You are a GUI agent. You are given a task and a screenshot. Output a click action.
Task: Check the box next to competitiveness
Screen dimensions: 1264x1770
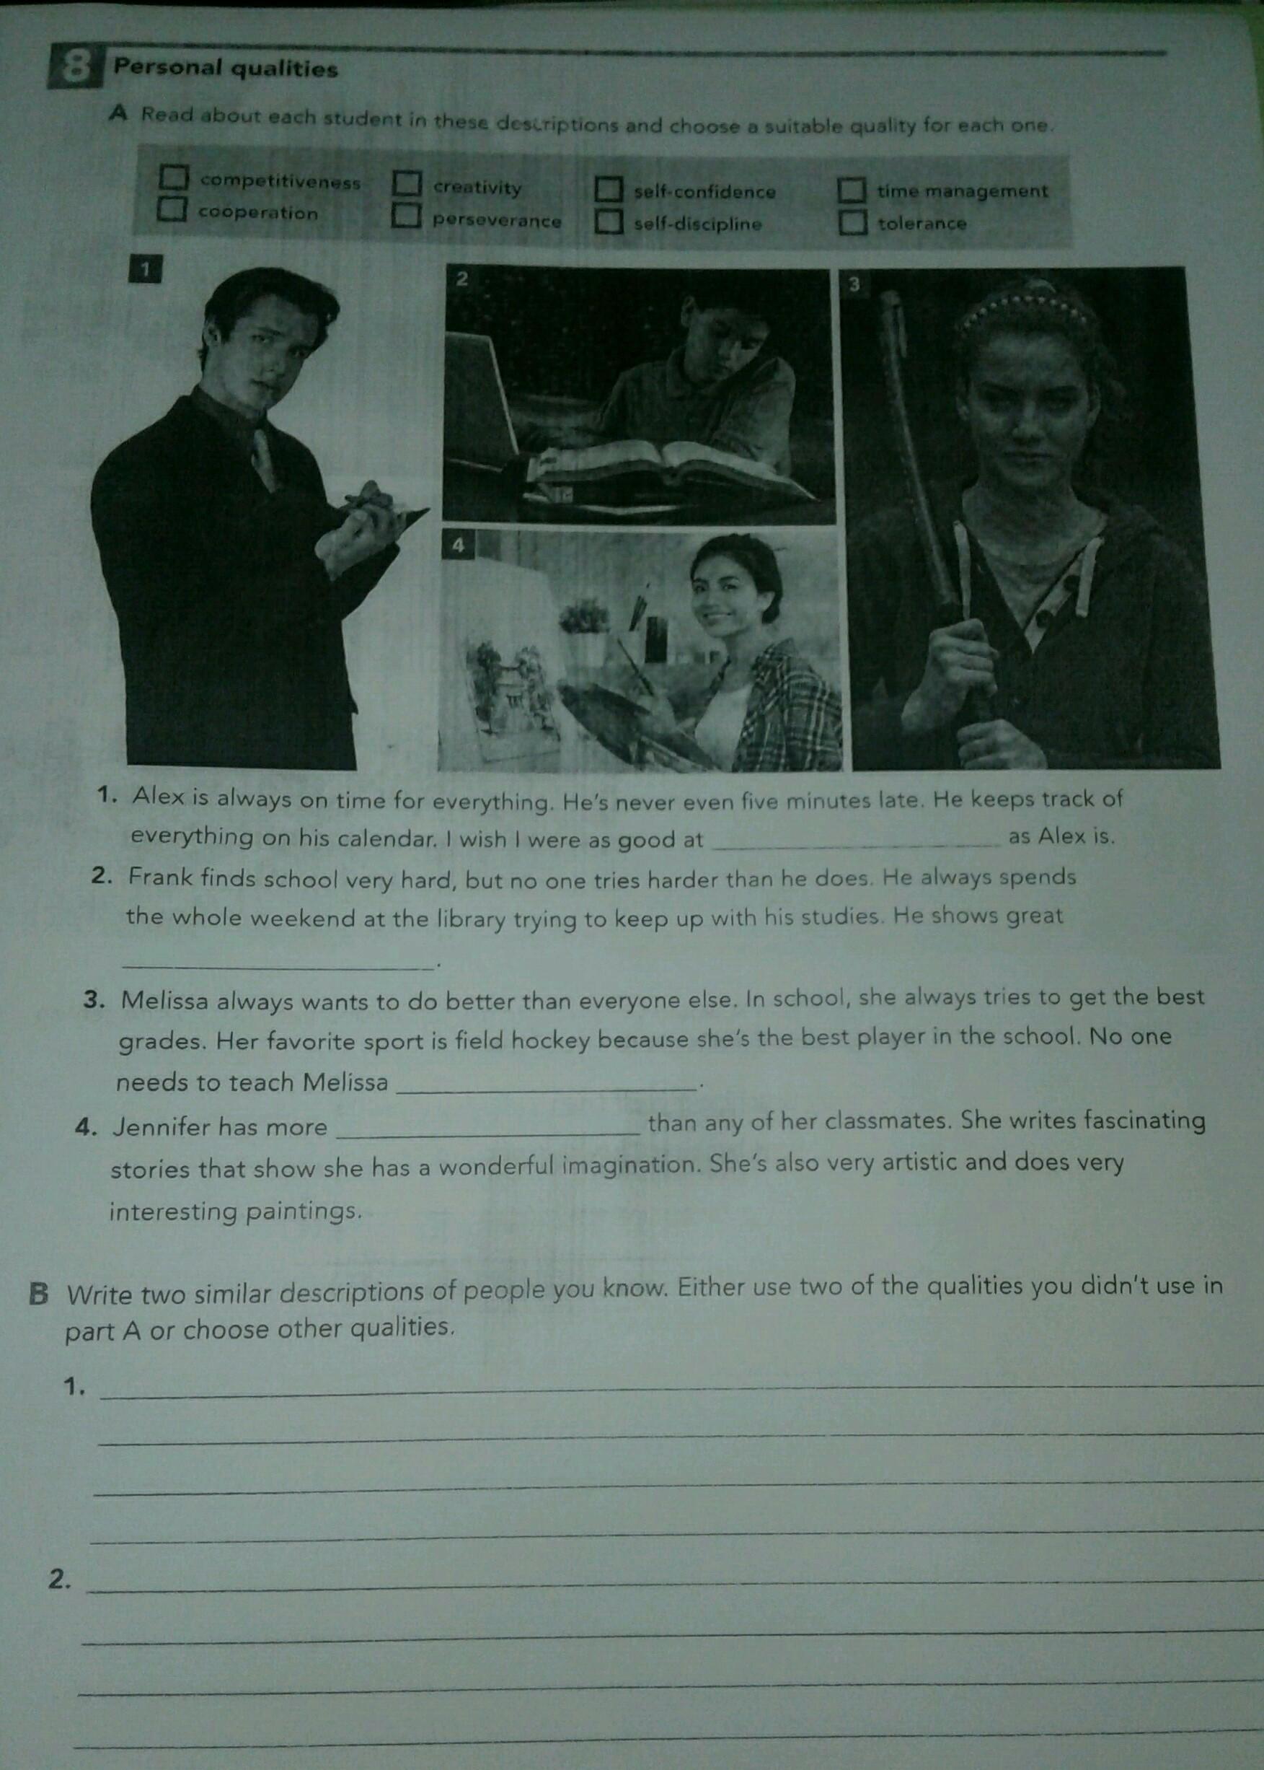pos(174,177)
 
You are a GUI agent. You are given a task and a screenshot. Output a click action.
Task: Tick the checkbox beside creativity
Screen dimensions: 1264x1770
pos(407,184)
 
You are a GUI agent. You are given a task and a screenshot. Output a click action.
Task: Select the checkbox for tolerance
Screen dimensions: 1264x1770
pos(852,222)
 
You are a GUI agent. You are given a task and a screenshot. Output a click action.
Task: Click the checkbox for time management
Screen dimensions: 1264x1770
pos(852,189)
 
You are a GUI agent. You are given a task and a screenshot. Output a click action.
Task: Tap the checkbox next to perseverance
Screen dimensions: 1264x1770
pos(406,215)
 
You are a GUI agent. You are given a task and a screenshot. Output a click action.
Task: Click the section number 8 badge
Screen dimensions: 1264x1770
pos(75,68)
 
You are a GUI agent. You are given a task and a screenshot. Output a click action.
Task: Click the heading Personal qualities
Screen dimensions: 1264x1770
pos(226,69)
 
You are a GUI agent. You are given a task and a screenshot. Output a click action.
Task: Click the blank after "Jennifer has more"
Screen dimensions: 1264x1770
pos(487,1134)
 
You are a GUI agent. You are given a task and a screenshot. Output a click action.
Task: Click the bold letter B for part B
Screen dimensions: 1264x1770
pos(39,1294)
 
